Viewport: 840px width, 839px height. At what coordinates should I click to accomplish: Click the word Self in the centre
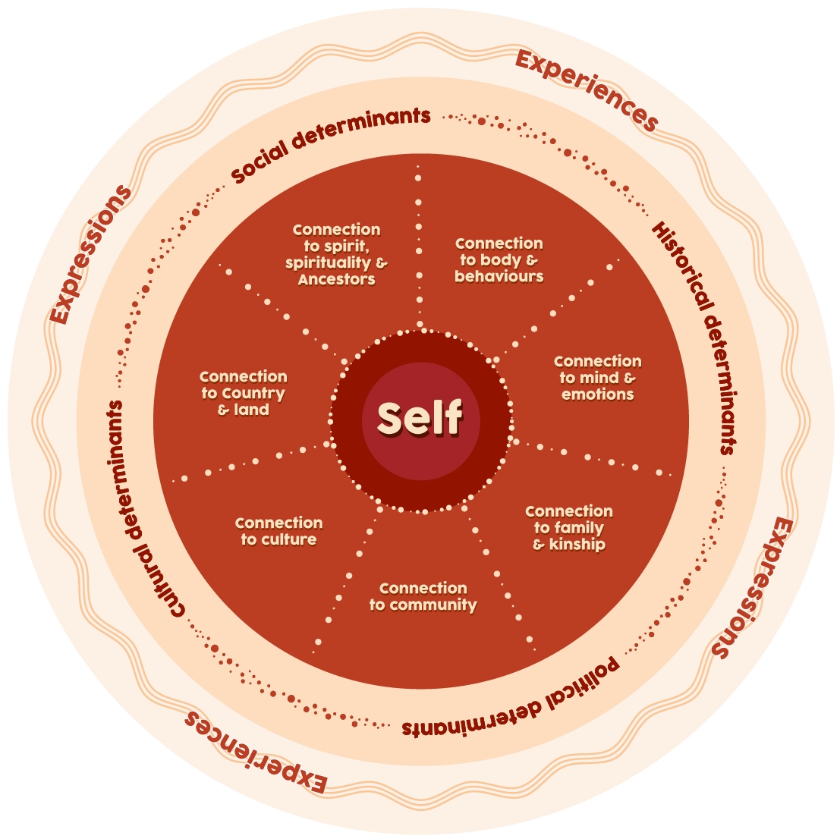tap(420, 418)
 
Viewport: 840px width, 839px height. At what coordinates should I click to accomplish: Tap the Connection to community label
tap(423, 596)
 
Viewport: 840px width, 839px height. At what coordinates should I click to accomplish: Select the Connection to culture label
tap(278, 531)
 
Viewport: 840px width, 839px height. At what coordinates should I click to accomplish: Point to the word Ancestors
tap(336, 279)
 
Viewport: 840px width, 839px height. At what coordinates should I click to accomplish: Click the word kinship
tap(577, 545)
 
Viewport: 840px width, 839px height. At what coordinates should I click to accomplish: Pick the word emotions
tap(598, 394)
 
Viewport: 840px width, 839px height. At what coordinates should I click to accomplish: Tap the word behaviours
tap(499, 276)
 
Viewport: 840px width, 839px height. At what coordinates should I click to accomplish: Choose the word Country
tap(253, 394)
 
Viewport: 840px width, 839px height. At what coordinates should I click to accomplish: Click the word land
tap(251, 410)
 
